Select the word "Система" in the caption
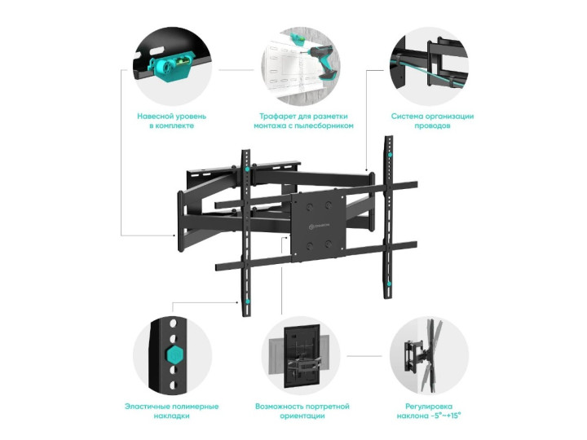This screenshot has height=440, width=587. (408, 117)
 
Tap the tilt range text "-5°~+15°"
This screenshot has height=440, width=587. (444, 416)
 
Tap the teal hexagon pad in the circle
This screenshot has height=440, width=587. (174, 354)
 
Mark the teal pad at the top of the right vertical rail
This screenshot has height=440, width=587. (390, 155)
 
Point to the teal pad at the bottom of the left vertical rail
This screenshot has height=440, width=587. (247, 301)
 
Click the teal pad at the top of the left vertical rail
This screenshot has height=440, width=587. (247, 169)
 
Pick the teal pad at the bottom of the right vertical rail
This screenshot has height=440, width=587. (390, 284)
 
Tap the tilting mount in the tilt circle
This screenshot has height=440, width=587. (422, 354)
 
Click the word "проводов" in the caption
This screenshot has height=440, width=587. (432, 126)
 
